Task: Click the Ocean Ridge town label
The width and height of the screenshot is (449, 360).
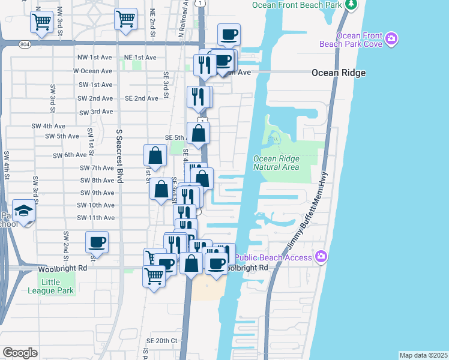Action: pos(338,73)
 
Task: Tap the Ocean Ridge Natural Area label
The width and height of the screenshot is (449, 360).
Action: pos(276,163)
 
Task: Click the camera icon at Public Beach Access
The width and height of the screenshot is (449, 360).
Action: pos(321,257)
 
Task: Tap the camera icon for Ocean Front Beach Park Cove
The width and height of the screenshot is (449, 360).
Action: pos(391,40)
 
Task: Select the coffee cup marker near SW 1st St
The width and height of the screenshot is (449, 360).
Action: pos(96,242)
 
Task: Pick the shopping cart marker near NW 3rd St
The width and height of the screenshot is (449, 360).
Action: pos(41,22)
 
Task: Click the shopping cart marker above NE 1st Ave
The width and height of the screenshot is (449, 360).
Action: pos(125,19)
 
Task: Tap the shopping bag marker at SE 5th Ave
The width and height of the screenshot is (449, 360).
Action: pos(198,134)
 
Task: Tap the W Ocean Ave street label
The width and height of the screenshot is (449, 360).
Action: pos(93,71)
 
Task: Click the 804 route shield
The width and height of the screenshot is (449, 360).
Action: pos(23,44)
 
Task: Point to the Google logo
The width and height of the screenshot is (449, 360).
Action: pos(20,352)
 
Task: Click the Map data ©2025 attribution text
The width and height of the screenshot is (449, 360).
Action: pos(423,355)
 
